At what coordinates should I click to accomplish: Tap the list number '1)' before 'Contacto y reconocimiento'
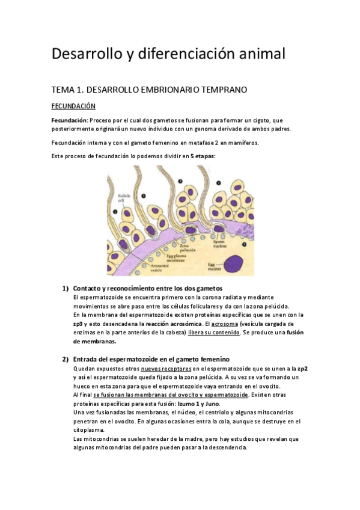(x=66, y=287)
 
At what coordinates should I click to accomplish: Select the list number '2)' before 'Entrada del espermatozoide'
(x=66, y=359)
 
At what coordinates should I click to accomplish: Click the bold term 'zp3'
(x=77, y=324)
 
